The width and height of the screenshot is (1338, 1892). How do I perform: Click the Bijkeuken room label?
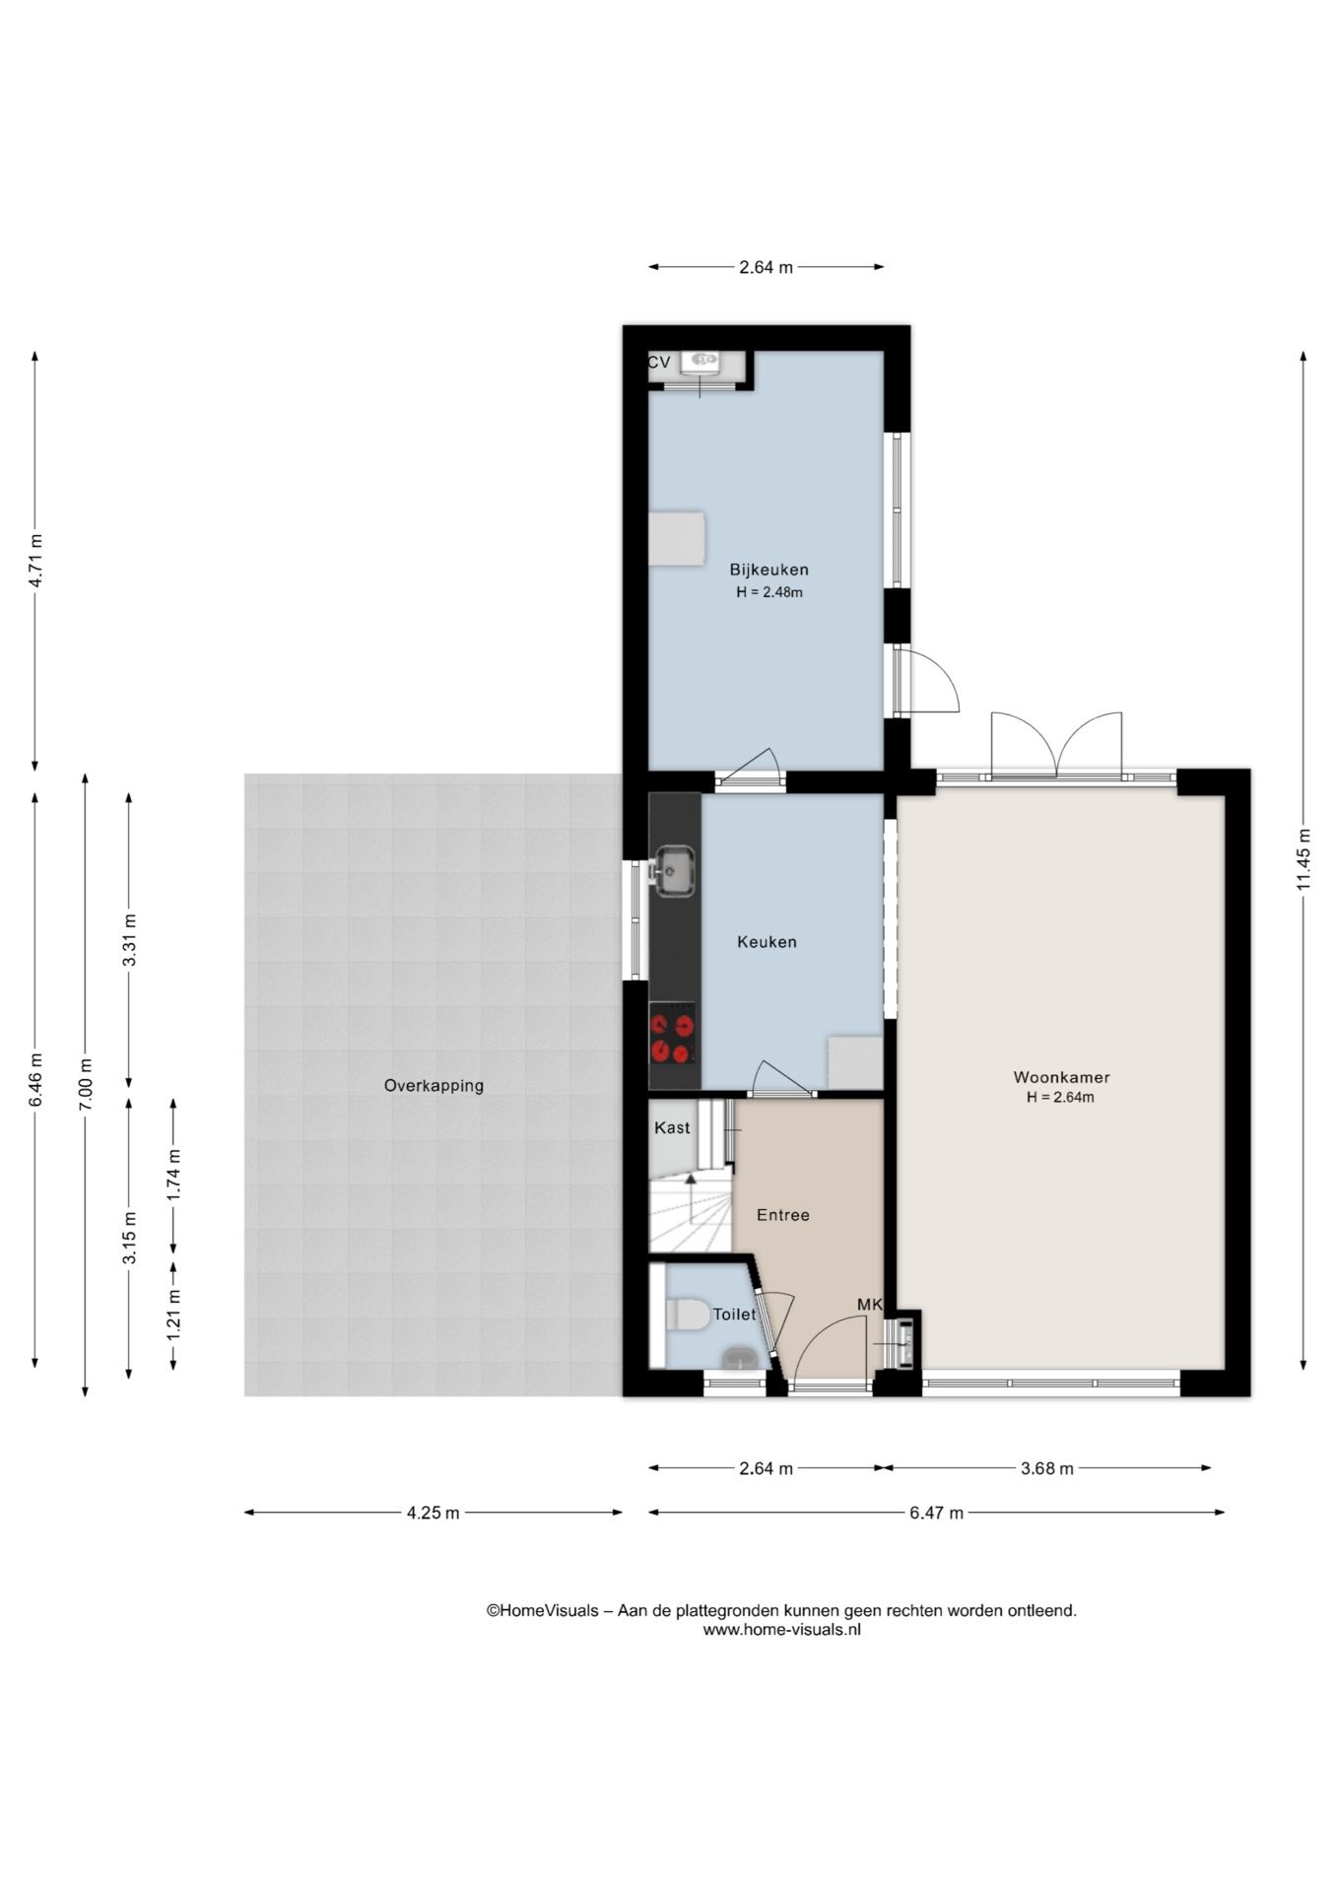pyautogui.click(x=769, y=570)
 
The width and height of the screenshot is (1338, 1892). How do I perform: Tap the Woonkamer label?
pyautogui.click(x=1061, y=1078)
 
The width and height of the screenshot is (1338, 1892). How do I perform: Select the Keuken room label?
pyautogui.click(x=767, y=942)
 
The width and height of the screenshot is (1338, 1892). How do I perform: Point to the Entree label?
pyautogui.click(x=783, y=1215)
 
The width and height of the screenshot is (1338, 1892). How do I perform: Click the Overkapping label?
pyautogui.click(x=434, y=1086)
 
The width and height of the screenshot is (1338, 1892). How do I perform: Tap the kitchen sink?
pyautogui.click(x=674, y=871)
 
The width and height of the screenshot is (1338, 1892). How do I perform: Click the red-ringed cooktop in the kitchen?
pyautogui.click(x=673, y=1033)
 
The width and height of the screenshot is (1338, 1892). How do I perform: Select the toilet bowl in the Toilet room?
pyautogui.click(x=687, y=1315)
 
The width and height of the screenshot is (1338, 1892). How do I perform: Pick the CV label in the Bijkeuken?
pyautogui.click(x=659, y=363)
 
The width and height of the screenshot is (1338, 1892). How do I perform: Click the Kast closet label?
pyautogui.click(x=672, y=1127)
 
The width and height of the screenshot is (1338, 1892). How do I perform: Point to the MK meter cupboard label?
pyautogui.click(x=869, y=1305)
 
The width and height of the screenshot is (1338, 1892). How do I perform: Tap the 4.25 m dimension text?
pyautogui.click(x=433, y=1513)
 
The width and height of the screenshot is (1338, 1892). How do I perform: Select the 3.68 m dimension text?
pyautogui.click(x=1046, y=1468)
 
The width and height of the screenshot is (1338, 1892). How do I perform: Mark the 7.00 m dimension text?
pyautogui.click(x=86, y=1084)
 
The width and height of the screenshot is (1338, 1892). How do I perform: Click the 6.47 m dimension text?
pyautogui.click(x=936, y=1513)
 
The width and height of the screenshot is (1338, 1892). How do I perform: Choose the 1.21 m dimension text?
pyautogui.click(x=173, y=1314)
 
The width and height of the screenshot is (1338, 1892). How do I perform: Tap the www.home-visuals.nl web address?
pyautogui.click(x=781, y=1630)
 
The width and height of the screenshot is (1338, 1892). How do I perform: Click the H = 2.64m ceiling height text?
pyautogui.click(x=1060, y=1097)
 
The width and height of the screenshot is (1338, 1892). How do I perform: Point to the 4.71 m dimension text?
pyautogui.click(x=35, y=562)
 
